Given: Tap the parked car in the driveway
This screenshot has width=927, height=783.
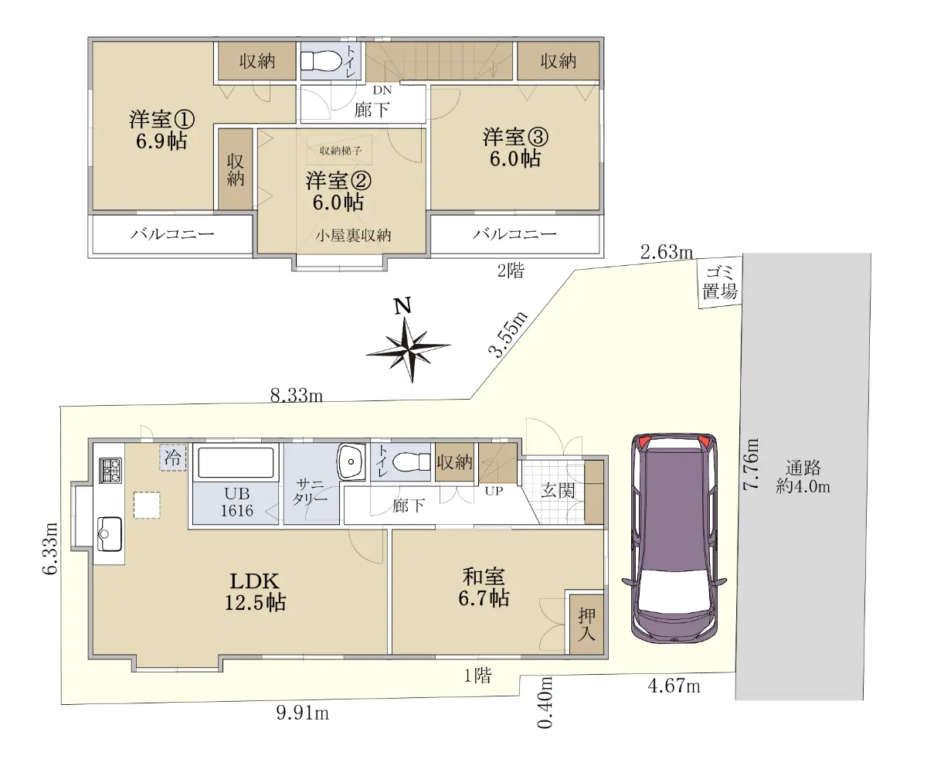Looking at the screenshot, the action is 674,538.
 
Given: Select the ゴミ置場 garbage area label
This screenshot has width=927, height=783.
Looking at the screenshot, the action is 720,283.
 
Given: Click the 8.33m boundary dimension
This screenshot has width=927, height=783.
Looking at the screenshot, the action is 297,395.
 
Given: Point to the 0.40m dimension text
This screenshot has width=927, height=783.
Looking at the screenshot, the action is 545,703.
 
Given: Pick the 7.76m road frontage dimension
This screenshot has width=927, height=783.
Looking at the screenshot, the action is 751,465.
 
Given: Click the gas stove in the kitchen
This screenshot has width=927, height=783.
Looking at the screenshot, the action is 110,471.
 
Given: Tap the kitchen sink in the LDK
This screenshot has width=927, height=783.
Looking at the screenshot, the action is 109,533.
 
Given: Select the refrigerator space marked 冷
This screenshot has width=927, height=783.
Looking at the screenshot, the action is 173,458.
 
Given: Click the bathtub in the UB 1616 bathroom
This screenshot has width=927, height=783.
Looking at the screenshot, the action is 236,462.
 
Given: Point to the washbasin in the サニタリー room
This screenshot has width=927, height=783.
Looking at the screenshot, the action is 351,461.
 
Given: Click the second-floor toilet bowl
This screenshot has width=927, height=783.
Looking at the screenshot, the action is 320,61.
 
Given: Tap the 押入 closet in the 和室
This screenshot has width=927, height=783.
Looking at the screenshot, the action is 586,625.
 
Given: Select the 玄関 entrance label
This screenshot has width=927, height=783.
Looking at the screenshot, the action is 558,491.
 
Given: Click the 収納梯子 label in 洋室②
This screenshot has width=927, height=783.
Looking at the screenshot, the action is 341,151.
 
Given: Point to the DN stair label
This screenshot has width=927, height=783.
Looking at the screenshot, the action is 382,90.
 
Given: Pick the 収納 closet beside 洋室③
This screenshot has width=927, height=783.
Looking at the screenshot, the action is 558,61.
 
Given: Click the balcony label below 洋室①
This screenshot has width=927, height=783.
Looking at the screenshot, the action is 172,233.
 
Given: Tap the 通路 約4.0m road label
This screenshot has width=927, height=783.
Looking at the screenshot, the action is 803,477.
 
